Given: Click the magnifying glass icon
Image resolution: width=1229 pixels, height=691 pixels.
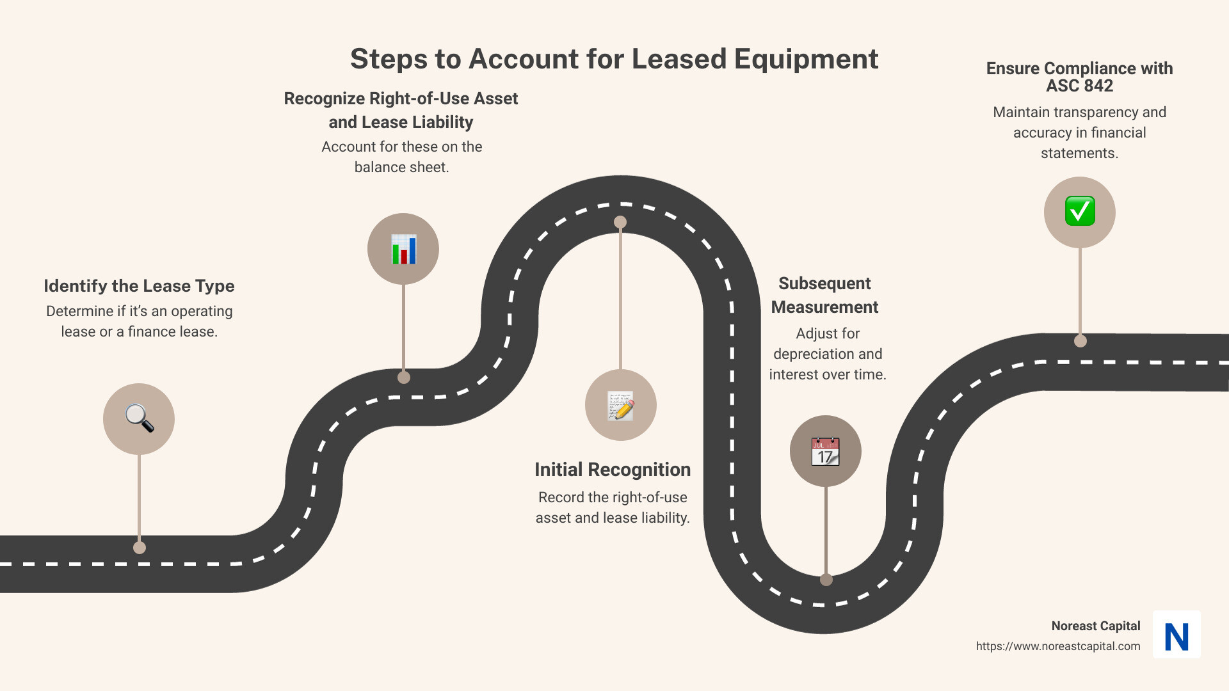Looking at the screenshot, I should point(139,419).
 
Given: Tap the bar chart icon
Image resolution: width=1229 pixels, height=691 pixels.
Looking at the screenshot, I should point(403,249).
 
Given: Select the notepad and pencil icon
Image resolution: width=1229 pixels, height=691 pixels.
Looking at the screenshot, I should point(620,406).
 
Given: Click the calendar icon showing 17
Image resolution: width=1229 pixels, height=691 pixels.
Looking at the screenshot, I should point(825,452).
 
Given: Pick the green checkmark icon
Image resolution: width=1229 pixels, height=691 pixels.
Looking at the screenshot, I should point(1080,212).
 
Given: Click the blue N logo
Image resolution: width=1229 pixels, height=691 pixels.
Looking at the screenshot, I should point(1177,635).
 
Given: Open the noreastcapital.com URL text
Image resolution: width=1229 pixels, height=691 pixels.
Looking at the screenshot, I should point(1057,646).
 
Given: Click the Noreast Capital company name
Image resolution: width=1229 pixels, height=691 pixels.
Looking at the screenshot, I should point(1095,626).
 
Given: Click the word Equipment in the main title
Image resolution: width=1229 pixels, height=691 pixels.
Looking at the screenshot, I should point(806,59).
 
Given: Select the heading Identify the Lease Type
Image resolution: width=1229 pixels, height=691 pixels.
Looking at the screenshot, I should point(139,286).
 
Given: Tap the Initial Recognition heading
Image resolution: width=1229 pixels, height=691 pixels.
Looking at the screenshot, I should point(613,470).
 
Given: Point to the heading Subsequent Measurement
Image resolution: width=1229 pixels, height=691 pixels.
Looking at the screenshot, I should point(824,295).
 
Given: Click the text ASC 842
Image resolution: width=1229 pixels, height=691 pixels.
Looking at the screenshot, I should point(1079,86).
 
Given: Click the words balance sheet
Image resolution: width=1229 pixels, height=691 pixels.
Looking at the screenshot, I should point(401,167).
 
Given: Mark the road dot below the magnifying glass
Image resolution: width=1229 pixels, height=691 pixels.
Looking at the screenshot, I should point(140,548).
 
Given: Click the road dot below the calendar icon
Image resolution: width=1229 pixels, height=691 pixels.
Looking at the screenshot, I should point(826,580).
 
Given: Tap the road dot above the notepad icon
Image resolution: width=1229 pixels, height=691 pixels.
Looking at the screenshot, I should point(620,222).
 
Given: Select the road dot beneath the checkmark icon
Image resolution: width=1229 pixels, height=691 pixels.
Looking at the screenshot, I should point(1080,341).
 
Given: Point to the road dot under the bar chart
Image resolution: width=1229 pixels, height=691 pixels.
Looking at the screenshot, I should point(404,377).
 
